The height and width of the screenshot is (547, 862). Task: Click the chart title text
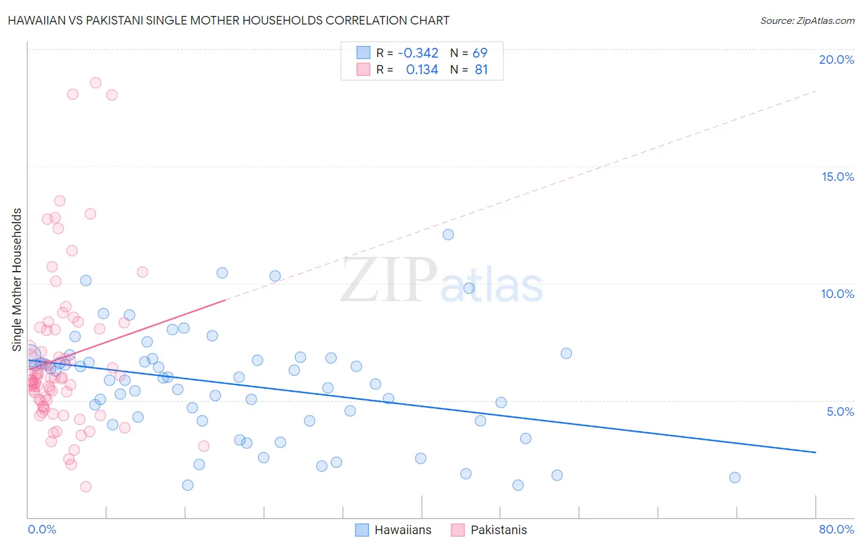pyautogui.click(x=229, y=20)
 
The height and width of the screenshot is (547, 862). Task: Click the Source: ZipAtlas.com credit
pyautogui.click(x=807, y=20)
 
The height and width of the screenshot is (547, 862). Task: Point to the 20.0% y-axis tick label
pyautogui.click(x=836, y=59)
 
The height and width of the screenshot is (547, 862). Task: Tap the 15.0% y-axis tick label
pyautogui.click(x=837, y=177)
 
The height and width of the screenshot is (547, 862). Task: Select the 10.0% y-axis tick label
pyautogui.click(x=837, y=294)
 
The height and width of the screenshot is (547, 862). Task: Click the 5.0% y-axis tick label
pyautogui.click(x=840, y=411)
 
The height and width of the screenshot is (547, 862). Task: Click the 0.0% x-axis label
pyautogui.click(x=42, y=529)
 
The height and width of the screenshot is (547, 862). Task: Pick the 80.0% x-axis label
pyautogui.click(x=836, y=529)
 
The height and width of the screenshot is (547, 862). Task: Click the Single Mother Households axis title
pyautogui.click(x=17, y=280)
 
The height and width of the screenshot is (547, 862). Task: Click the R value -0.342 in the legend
pyautogui.click(x=418, y=53)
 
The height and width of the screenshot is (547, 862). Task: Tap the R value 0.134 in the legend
pyautogui.click(x=422, y=70)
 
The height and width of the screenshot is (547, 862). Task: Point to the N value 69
pyautogui.click(x=479, y=53)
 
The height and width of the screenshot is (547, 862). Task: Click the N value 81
pyautogui.click(x=481, y=70)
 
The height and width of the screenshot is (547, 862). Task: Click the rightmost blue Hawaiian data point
pyautogui.click(x=734, y=478)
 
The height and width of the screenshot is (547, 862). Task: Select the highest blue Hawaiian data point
pyautogui.click(x=448, y=234)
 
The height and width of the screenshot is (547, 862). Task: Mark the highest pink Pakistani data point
pyautogui.click(x=96, y=83)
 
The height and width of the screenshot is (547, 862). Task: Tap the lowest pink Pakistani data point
pyautogui.click(x=86, y=487)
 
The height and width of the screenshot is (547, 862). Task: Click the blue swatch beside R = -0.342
pyautogui.click(x=364, y=53)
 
